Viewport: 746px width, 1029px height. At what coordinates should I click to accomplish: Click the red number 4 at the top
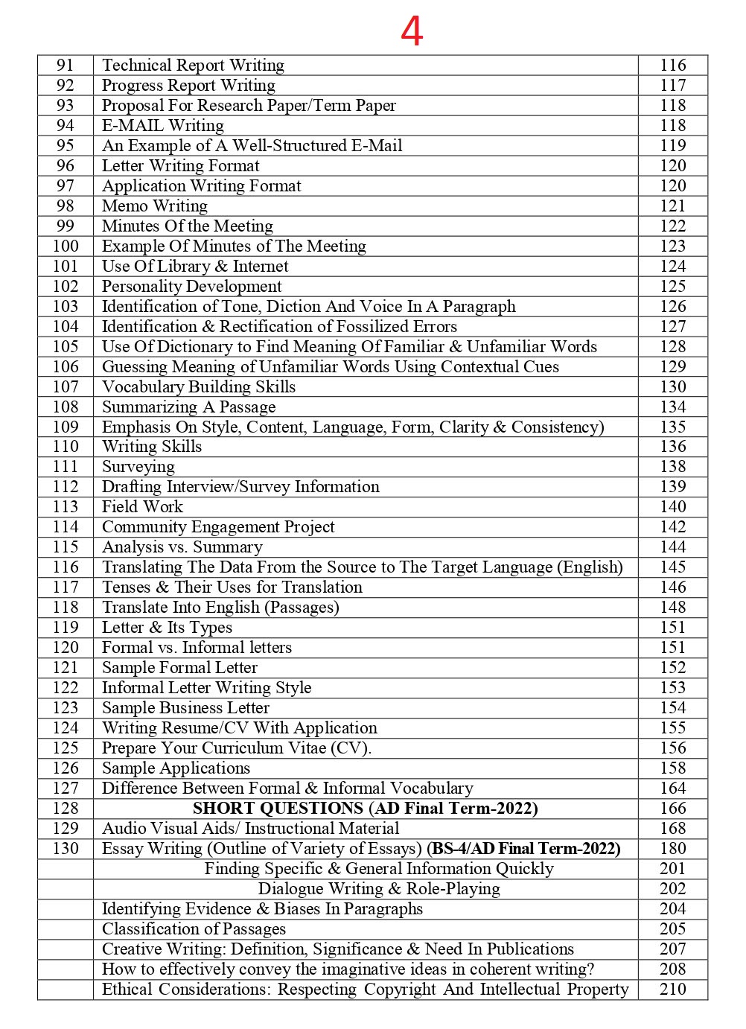point(412,31)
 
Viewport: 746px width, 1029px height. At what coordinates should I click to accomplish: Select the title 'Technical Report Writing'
point(193,66)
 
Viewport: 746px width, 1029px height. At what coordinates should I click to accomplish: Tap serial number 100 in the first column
point(66,246)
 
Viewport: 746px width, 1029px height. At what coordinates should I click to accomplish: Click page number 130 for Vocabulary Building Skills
point(672,387)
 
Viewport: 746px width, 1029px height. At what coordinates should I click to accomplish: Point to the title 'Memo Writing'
point(155,206)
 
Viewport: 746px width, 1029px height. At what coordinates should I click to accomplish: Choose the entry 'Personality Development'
point(191,287)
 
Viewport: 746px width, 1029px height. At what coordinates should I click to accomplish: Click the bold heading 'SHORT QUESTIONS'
point(278,809)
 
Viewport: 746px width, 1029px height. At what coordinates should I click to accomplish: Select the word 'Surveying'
point(138,467)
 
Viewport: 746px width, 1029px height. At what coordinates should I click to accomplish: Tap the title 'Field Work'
point(142,507)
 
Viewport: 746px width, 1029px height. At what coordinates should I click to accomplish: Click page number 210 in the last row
point(672,990)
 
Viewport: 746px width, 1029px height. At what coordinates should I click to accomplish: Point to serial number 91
point(66,66)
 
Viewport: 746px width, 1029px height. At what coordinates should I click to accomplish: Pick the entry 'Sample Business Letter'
point(185,708)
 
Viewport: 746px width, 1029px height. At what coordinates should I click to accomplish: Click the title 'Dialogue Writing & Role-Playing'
point(379,889)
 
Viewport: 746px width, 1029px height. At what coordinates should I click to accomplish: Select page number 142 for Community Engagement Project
point(672,527)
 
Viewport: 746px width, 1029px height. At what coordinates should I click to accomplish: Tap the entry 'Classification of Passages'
point(194,929)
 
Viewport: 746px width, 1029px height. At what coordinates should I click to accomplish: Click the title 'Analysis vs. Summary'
point(182,547)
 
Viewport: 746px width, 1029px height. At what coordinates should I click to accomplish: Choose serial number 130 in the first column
point(66,849)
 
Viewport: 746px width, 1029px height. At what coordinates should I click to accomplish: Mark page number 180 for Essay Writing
point(672,849)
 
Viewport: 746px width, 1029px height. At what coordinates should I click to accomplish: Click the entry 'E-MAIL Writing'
point(162,126)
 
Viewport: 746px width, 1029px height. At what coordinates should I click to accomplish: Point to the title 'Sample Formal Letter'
point(179,668)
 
